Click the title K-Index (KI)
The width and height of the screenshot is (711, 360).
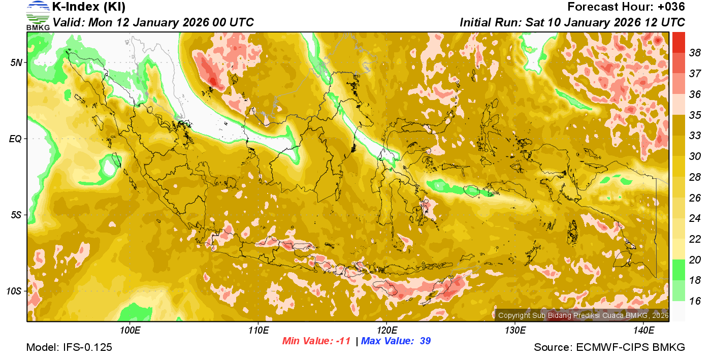coord(89,7)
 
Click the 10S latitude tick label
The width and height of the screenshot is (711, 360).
coord(14,291)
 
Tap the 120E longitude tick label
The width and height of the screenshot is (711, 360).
coord(386,331)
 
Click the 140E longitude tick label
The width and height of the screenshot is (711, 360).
coord(643,331)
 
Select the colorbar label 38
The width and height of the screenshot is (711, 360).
coord(695,52)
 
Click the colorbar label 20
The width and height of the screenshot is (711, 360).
coord(695,260)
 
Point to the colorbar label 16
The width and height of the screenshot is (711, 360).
coord(695,301)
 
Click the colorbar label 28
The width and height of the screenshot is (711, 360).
coord(695,177)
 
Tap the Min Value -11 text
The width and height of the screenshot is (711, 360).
coord(316,341)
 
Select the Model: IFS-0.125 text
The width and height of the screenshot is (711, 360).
coord(69,348)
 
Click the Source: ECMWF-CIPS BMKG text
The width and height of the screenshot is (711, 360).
coord(609,348)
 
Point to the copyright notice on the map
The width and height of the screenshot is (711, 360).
coord(583,315)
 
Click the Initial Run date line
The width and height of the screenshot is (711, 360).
coord(572,22)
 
